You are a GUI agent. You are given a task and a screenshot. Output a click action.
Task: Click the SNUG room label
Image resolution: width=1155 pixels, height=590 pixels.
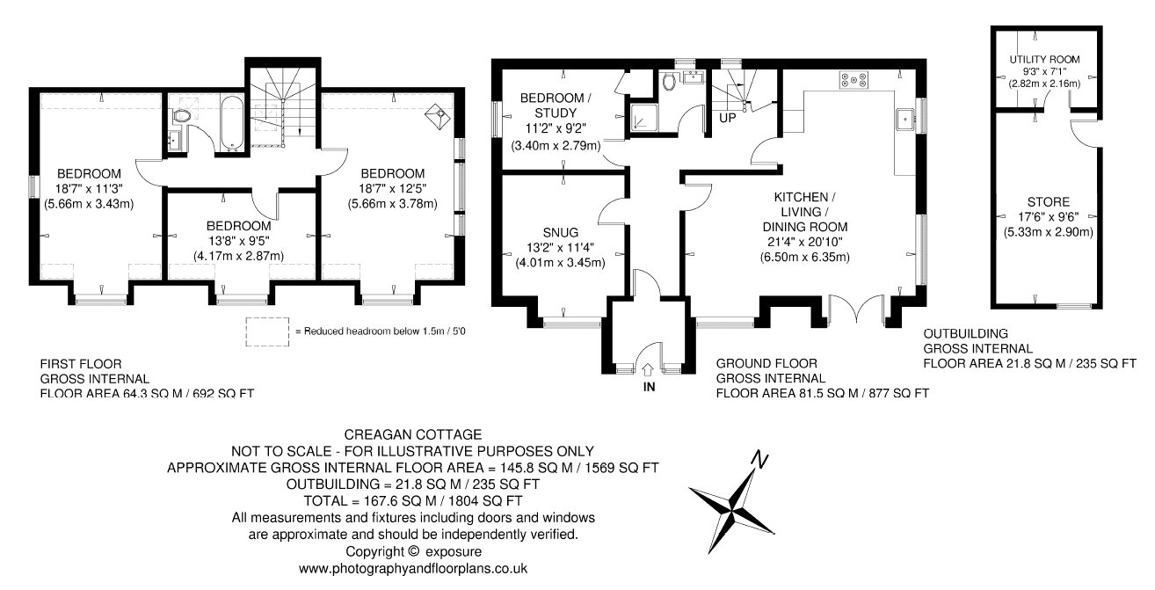point(560,233)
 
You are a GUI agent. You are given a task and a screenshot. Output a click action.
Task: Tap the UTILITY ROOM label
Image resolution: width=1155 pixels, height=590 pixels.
point(1044,60)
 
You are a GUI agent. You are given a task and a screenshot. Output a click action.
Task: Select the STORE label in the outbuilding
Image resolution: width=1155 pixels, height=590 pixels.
point(1049,202)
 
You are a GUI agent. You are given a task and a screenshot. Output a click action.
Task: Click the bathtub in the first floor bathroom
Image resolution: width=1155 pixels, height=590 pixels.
point(231,124)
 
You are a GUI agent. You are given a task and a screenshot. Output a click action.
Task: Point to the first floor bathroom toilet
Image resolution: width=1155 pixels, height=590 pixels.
point(181,116)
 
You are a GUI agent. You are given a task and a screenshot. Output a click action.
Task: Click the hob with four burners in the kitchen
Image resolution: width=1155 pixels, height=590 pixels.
point(854,80)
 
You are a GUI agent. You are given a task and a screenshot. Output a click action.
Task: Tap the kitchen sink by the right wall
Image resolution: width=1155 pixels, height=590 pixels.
point(904,120)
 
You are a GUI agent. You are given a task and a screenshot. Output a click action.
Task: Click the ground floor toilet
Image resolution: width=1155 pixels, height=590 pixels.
point(669,82)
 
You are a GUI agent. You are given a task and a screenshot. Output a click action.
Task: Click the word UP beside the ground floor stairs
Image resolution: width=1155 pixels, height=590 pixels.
point(728,118)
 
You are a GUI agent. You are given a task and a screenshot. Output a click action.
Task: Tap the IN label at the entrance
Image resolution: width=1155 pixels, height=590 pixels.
point(649,387)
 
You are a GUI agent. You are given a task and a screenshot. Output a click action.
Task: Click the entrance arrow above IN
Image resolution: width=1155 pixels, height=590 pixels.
point(648,369)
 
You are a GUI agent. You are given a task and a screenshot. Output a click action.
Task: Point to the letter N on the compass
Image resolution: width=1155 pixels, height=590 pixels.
point(760,460)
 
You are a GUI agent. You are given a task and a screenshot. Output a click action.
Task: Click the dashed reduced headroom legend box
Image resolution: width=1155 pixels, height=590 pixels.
point(267,331)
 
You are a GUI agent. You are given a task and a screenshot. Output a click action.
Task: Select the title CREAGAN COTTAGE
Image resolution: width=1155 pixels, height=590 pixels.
point(413,434)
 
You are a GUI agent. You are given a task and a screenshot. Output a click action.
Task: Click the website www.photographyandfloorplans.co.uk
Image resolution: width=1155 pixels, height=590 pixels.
point(413,569)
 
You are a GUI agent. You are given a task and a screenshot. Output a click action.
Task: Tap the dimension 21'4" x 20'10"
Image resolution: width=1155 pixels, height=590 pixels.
point(804,242)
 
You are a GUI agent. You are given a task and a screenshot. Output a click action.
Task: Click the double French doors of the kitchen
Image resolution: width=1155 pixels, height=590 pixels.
point(856,309)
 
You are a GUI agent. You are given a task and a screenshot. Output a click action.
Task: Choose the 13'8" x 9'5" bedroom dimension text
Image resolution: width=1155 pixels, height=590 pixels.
point(239,241)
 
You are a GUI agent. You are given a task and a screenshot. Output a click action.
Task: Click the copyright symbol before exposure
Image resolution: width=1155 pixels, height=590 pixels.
point(413,551)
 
